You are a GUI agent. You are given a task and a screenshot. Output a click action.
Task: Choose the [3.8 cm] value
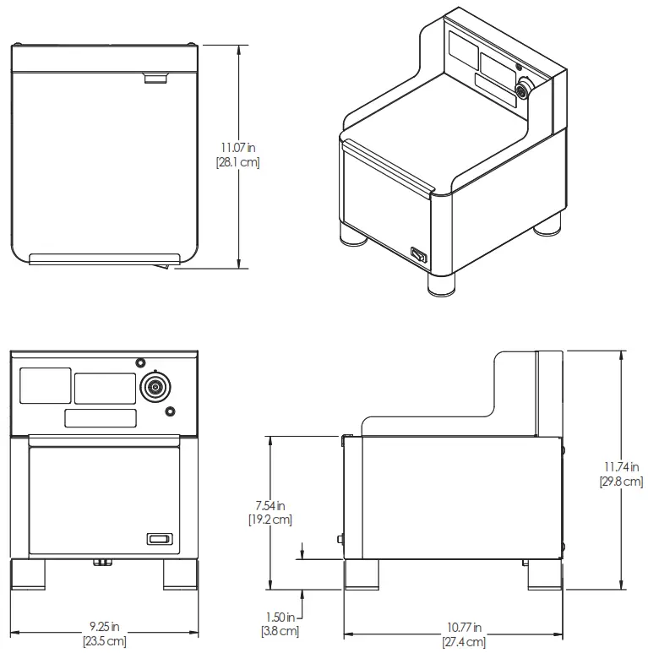[x=280, y=630]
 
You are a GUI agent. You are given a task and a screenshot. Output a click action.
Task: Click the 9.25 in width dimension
[x=105, y=627]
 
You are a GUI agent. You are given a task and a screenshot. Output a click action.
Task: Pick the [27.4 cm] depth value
[x=464, y=641]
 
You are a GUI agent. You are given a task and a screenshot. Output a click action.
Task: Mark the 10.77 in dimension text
[x=464, y=628]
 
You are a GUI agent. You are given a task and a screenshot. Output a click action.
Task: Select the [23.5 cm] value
[x=105, y=640]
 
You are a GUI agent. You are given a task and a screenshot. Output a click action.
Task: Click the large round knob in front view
[x=155, y=387]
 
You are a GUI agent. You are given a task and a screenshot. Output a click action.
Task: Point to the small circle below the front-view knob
[x=171, y=411]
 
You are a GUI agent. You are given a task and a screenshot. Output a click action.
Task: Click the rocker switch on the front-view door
[x=159, y=538]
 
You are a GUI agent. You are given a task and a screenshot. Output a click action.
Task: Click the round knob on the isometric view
[x=522, y=88]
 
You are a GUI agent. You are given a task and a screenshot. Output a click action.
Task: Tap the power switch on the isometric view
[x=418, y=253]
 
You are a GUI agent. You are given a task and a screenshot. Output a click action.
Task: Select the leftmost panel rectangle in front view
[x=45, y=386]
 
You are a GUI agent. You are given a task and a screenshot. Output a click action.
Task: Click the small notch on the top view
[x=155, y=79]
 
